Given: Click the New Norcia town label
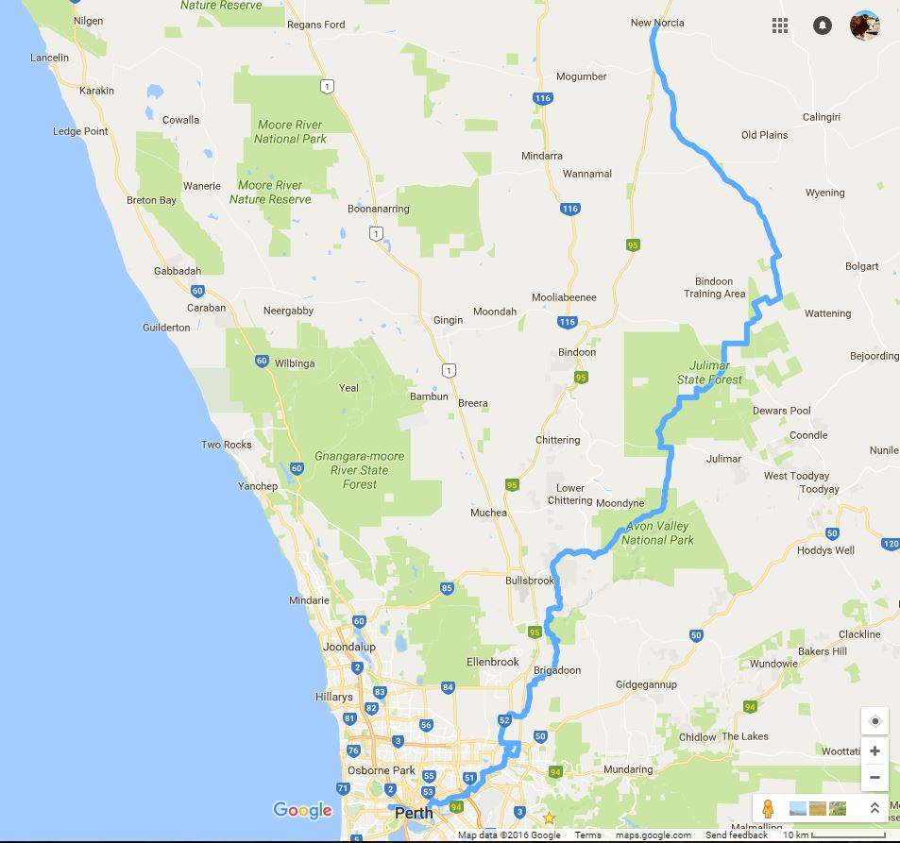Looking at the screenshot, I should tap(657, 23).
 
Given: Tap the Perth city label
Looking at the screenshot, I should tap(414, 813).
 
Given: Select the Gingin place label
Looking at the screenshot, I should tap(448, 320).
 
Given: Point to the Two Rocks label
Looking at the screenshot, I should tap(227, 445).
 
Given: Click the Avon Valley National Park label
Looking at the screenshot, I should tap(657, 533).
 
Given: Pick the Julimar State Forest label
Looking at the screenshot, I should tap(709, 373).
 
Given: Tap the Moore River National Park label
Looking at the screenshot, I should tap(290, 132).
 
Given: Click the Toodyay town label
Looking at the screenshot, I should tap(819, 489).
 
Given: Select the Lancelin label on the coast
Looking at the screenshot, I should tap(49, 58).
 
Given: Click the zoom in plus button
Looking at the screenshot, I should tap(875, 750).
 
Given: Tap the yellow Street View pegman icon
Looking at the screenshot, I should tap(768, 809).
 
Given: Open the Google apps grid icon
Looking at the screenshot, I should tap(780, 25).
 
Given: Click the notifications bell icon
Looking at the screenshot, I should tap(823, 25).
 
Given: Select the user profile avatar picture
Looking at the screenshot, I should tap(864, 25).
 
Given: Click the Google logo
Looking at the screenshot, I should tap(302, 809).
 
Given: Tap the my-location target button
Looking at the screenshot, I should tap(875, 721).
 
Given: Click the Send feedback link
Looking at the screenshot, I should tap(736, 835).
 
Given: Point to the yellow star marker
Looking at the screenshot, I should tap(549, 818).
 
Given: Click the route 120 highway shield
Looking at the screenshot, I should tap(891, 544).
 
